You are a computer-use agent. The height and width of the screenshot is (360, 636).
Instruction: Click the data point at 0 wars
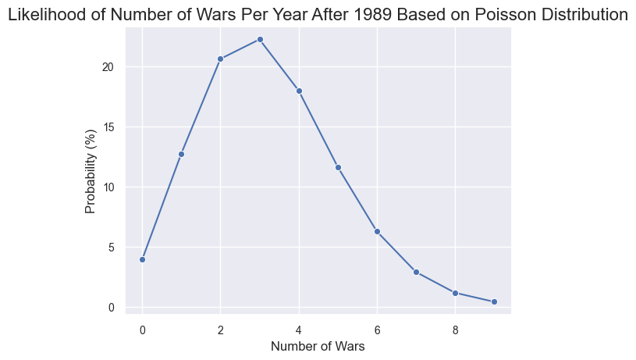[x=142, y=259]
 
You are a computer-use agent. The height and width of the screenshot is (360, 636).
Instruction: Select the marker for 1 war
[x=181, y=154]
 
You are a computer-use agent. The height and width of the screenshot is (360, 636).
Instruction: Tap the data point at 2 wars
[x=220, y=59]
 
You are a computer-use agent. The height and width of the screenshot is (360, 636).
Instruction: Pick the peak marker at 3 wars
[x=260, y=39]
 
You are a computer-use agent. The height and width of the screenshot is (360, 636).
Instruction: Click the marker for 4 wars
[x=299, y=91]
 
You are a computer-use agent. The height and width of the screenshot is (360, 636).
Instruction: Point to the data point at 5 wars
[x=338, y=167]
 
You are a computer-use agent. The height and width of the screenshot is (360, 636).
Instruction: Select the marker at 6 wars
[x=377, y=231]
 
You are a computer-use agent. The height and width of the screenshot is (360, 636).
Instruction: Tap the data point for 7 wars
[x=416, y=272]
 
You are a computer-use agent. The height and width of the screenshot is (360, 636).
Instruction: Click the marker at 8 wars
[x=455, y=293]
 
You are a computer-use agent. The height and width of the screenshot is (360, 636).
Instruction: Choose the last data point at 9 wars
[x=494, y=301]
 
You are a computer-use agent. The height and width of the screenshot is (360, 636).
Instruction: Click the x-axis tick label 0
[x=142, y=329]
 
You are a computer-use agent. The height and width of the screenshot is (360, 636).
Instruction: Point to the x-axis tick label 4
[x=299, y=329]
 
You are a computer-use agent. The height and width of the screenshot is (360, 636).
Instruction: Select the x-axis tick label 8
[x=455, y=329]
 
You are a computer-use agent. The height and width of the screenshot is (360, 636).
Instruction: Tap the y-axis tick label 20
[x=108, y=67]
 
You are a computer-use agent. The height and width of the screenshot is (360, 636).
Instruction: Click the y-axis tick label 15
[x=108, y=127]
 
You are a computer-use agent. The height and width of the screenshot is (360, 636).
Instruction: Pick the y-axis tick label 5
[x=111, y=248]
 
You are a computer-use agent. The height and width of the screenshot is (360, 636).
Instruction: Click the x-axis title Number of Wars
[x=318, y=346]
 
